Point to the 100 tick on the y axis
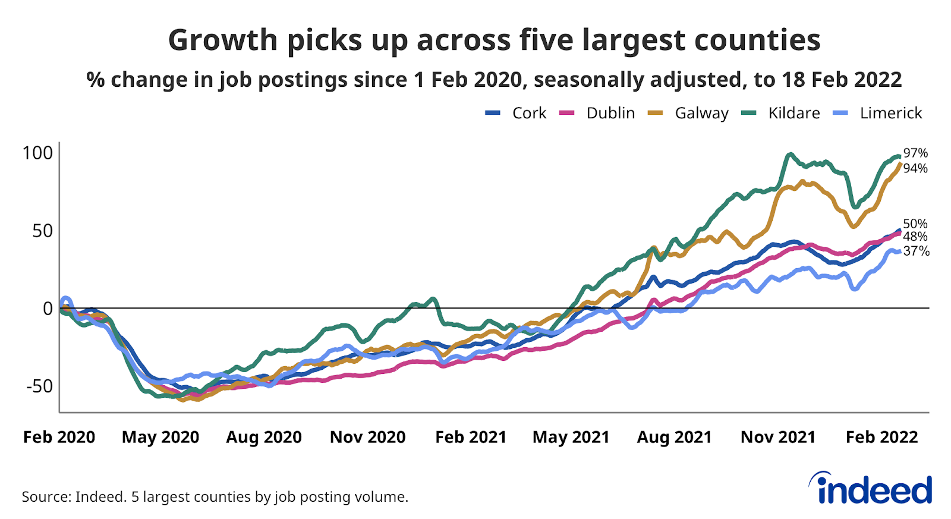37,153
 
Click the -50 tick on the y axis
39,386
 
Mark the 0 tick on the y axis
48,309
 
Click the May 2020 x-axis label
160,437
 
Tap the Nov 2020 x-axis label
367,437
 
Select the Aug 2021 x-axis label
674,437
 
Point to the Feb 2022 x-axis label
881,437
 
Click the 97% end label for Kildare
915,153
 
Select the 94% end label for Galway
915,169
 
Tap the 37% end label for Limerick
916,251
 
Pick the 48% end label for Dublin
915,237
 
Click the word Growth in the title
223,40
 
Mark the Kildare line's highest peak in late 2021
790,155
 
